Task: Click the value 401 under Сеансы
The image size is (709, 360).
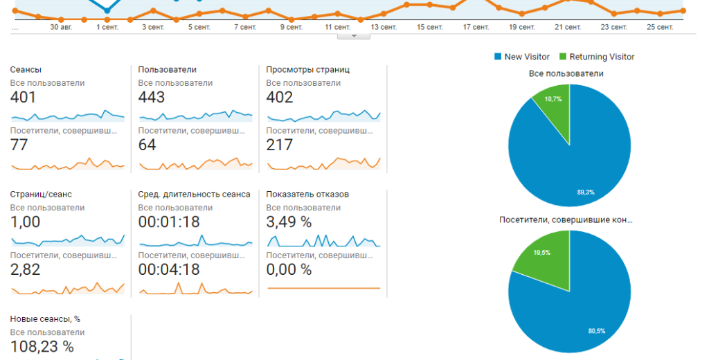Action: pyautogui.click(x=23, y=98)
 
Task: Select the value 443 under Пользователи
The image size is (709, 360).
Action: pyautogui.click(x=152, y=98)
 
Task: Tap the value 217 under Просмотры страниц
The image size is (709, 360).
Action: pyautogui.click(x=280, y=145)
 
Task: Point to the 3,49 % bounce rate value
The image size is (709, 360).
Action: pyautogui.click(x=289, y=222)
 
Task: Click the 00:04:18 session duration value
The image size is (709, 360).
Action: pyautogui.click(x=169, y=270)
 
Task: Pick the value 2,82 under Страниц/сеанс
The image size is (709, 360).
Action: pyautogui.click(x=25, y=270)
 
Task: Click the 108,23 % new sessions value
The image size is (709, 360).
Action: pyautogui.click(x=42, y=347)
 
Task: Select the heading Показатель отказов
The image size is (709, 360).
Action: pyautogui.click(x=307, y=194)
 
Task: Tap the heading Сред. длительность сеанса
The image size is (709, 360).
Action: pyautogui.click(x=194, y=194)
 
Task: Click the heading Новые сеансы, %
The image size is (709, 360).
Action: pyautogui.click(x=45, y=318)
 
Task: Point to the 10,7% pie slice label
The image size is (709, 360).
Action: pyautogui.click(x=553, y=99)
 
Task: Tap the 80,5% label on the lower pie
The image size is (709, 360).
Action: pyautogui.click(x=597, y=331)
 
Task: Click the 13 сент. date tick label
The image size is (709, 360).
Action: pyautogui.click(x=383, y=27)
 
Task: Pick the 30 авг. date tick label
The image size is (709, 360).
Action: pyautogui.click(x=62, y=27)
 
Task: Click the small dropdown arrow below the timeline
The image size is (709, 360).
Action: pyautogui.click(x=354, y=36)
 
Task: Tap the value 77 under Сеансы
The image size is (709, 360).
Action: pyautogui.click(x=19, y=145)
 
